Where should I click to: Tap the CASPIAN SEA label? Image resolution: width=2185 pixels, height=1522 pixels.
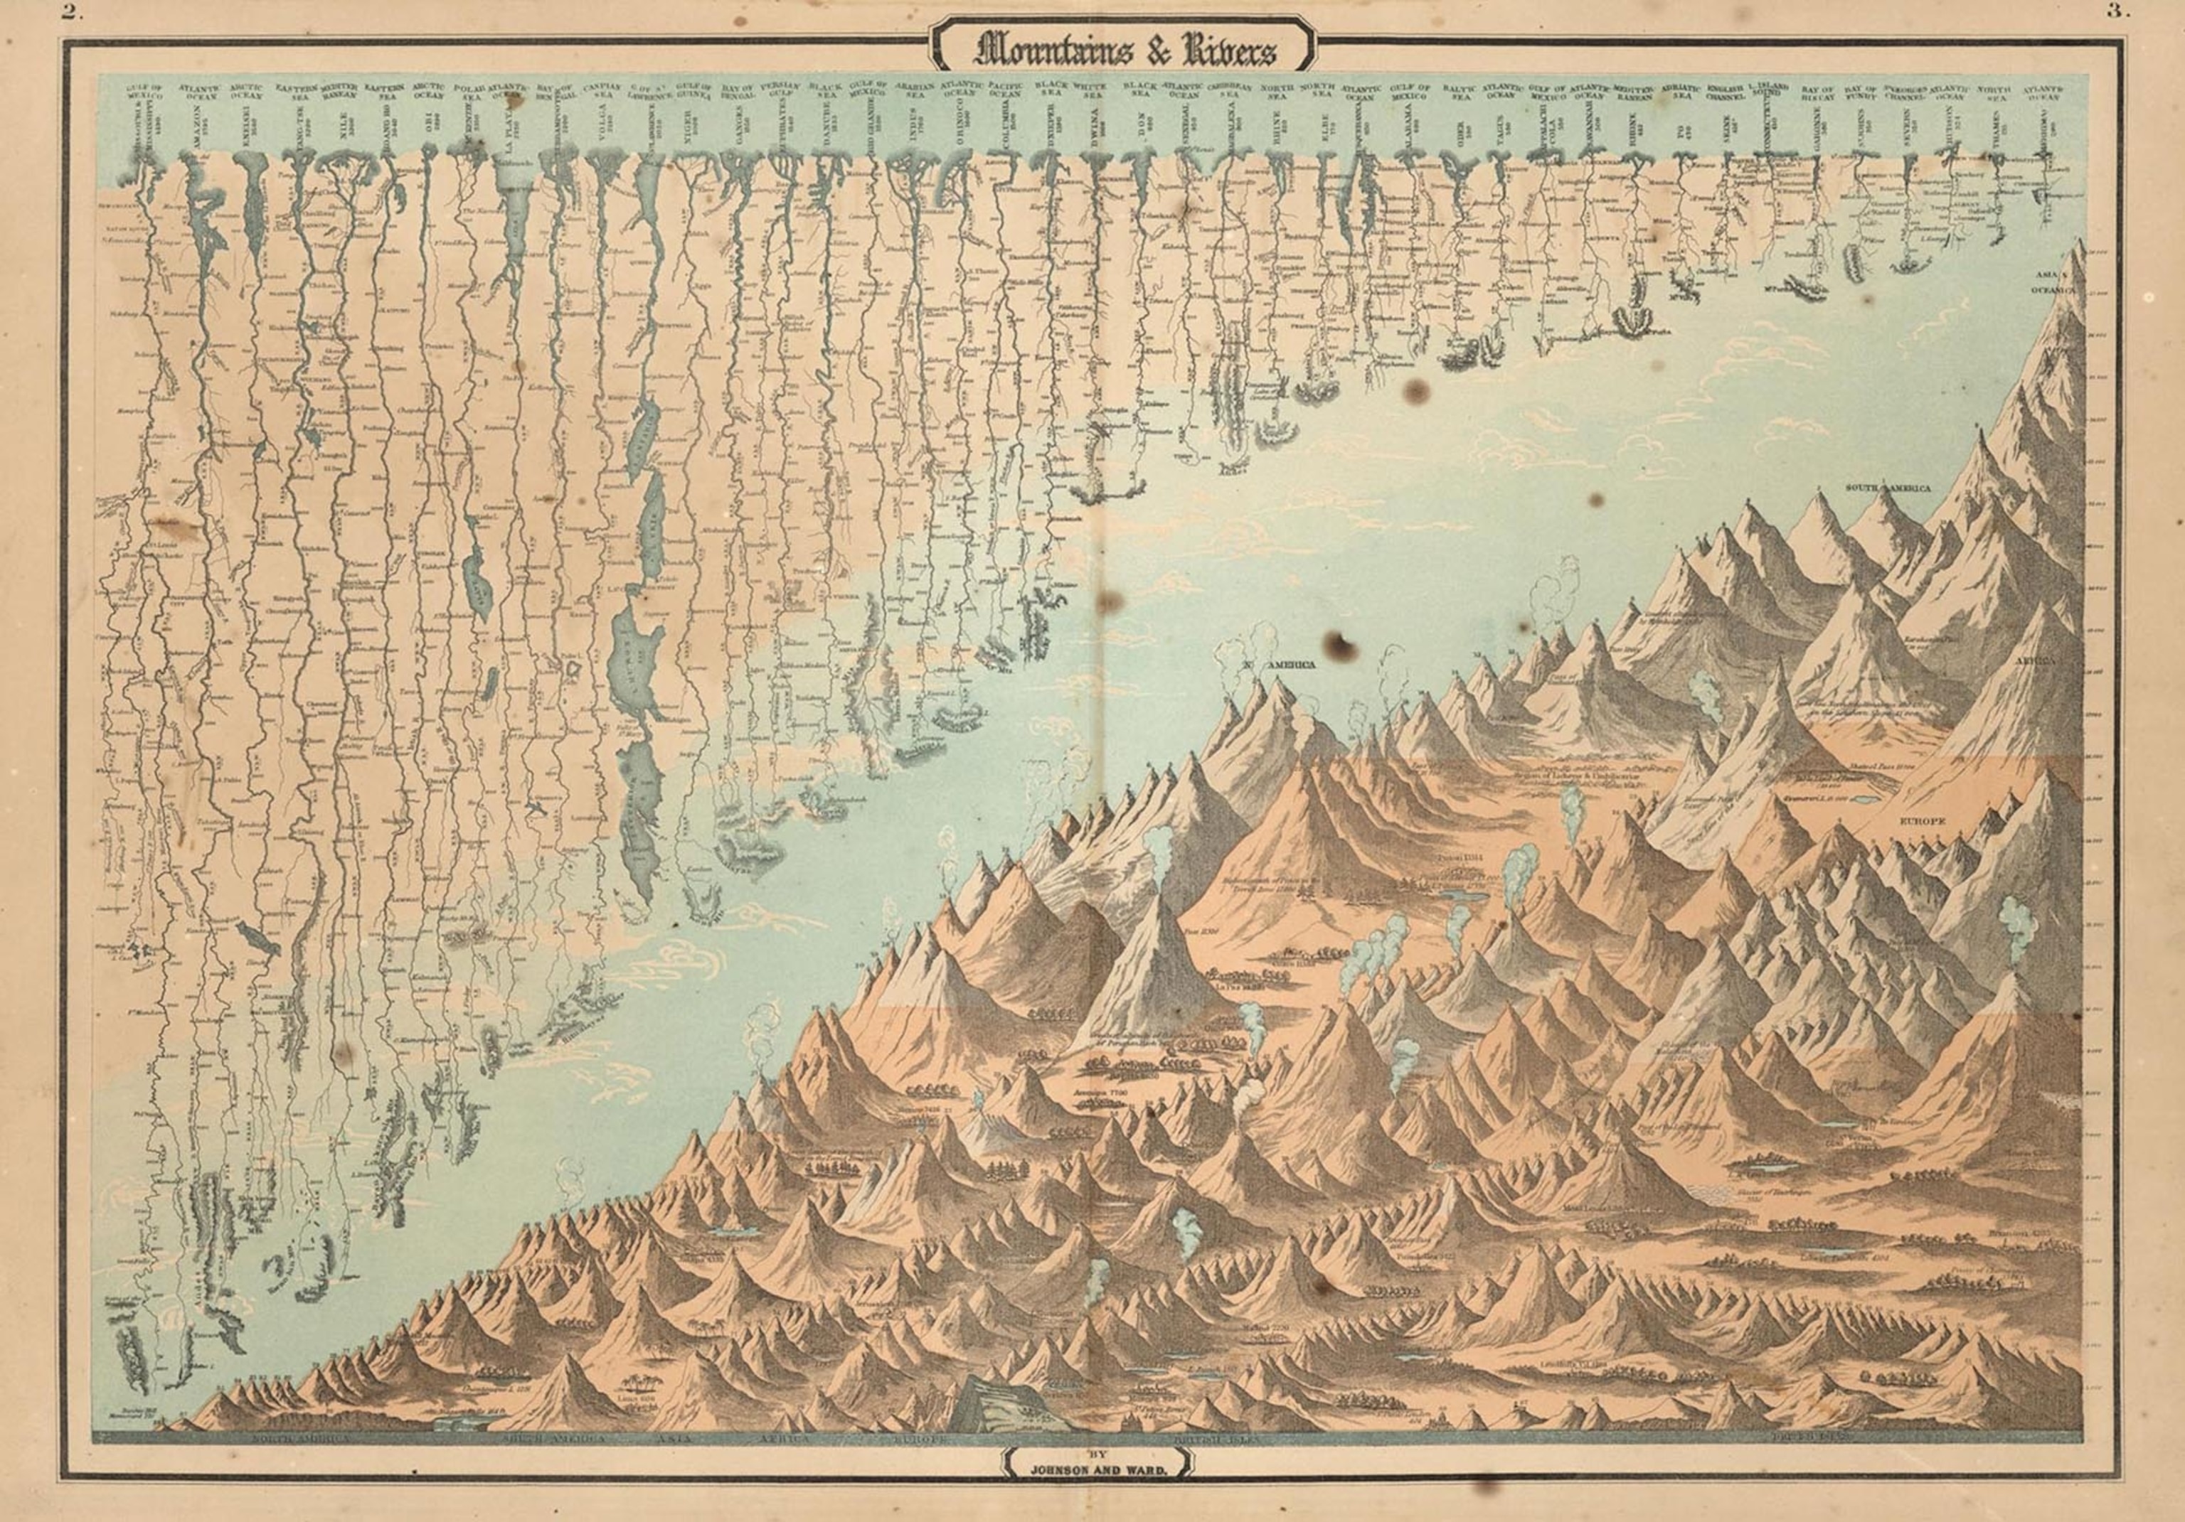[x=602, y=90]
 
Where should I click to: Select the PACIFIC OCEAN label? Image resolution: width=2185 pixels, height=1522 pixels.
[x=1004, y=90]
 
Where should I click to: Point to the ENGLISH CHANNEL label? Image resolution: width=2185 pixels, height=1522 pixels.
[x=1723, y=90]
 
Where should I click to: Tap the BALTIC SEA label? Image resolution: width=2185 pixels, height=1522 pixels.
[x=1458, y=90]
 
